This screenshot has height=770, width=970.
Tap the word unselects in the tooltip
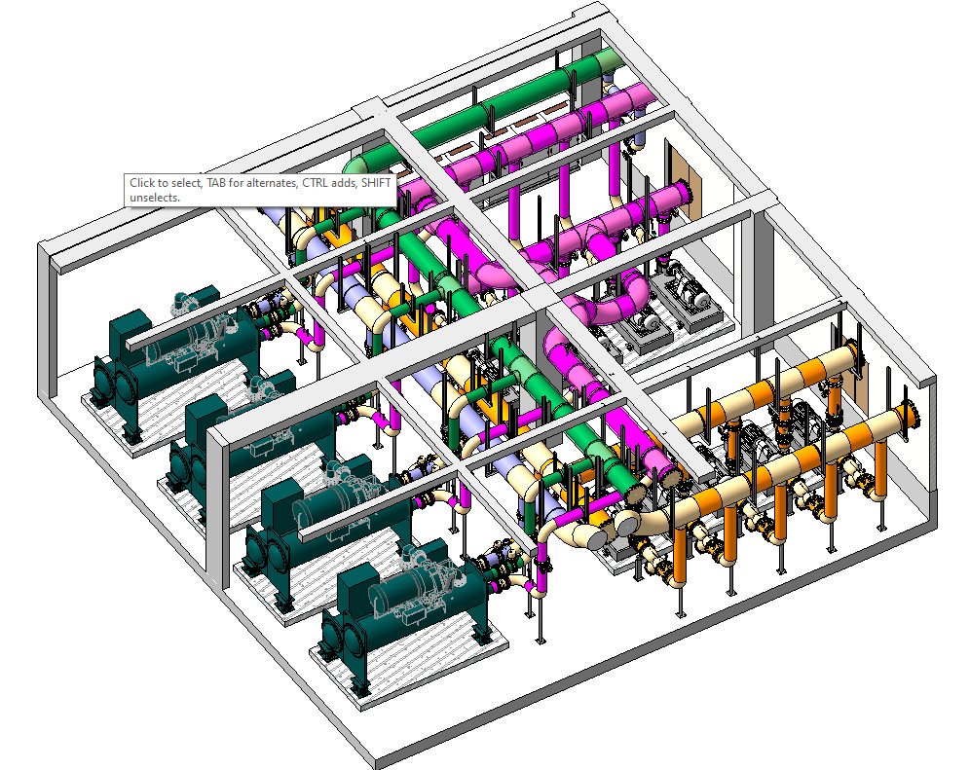tap(154, 198)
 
